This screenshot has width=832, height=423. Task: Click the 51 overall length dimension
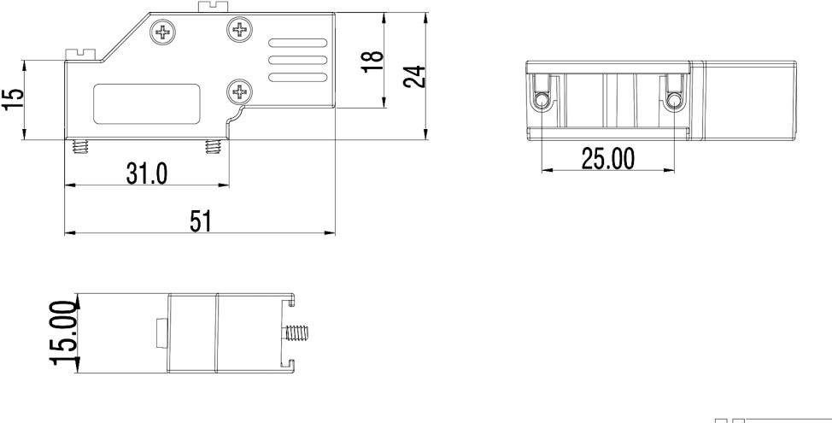[x=200, y=221]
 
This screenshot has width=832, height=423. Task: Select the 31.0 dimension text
[x=147, y=173]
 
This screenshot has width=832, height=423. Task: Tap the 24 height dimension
[x=414, y=76]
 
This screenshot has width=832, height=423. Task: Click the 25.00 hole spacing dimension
[x=608, y=158]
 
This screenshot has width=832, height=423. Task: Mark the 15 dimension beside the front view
[x=13, y=99]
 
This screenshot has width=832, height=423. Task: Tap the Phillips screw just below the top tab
[x=241, y=32]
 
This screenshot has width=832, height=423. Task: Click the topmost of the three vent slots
[x=298, y=44]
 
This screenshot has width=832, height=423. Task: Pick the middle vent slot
[x=298, y=61]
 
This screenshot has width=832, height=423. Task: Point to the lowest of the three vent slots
[x=298, y=78]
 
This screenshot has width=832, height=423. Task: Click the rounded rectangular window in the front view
[x=147, y=105]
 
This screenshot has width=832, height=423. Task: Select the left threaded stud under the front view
[x=81, y=148]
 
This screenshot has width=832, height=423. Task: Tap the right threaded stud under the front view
[x=214, y=148]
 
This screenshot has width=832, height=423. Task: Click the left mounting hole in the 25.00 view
[x=542, y=102]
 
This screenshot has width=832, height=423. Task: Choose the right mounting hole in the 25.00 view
[x=675, y=102]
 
